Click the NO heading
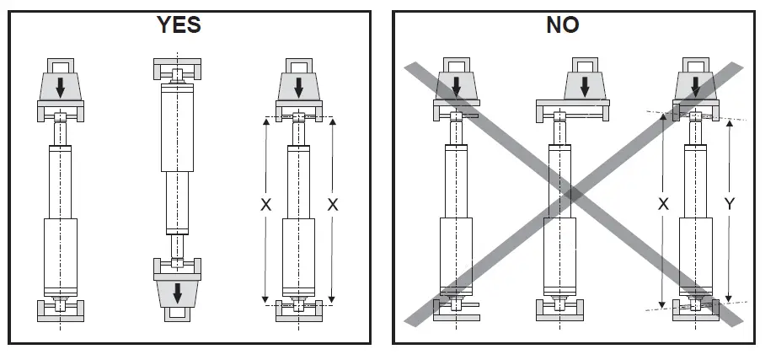pos(564,25)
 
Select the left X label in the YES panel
pos(266,205)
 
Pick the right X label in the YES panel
pos(333,205)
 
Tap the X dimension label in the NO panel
pos(663,205)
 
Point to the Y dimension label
pos(730,205)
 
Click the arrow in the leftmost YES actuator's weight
pos(60,84)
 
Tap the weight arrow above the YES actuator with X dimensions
pos(299,84)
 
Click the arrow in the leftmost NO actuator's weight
pos(456,84)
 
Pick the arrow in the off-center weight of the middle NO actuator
pos(590,84)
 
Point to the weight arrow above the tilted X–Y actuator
pos(695,84)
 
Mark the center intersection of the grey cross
pos(573,193)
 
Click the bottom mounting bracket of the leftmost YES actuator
pos(60,313)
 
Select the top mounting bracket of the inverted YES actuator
pos(177,67)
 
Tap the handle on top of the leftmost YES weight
pos(60,64)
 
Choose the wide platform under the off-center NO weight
pos(573,106)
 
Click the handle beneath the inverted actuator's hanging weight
pos(178,314)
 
